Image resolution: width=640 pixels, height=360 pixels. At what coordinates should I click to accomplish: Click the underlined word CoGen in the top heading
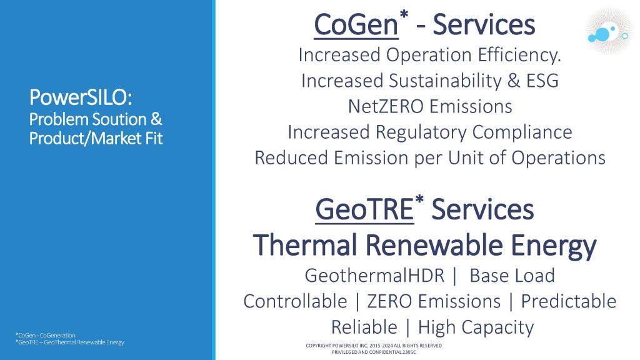click(356, 25)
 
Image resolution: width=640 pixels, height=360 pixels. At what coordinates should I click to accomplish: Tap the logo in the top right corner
click(609, 31)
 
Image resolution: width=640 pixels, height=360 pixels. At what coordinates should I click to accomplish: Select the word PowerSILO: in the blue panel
click(81, 97)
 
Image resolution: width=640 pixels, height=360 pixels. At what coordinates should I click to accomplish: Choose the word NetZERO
click(386, 106)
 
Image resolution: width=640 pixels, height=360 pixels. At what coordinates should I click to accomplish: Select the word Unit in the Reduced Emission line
click(465, 158)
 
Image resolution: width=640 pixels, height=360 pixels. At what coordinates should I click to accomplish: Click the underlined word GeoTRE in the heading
click(364, 209)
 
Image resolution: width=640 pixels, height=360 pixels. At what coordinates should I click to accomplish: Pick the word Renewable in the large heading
click(434, 245)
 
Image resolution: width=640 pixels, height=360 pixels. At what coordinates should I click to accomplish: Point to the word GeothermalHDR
click(374, 276)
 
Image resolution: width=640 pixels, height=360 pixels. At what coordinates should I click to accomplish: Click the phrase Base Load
click(512, 276)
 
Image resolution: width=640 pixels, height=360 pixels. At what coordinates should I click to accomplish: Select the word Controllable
click(295, 302)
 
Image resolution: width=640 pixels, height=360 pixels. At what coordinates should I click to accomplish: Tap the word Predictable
click(569, 302)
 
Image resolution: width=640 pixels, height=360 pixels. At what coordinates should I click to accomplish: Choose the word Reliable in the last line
click(364, 327)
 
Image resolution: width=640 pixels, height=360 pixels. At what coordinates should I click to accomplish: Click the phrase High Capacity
click(476, 327)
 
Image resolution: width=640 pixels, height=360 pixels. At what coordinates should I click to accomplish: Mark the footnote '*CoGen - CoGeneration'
click(45, 336)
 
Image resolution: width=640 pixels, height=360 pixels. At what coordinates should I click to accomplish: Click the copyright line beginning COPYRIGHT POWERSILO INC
click(374, 346)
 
